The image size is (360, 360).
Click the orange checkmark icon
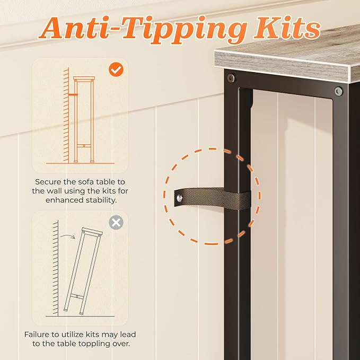pos(116,69)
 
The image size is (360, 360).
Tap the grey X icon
pos(116,223)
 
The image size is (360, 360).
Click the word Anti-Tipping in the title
pos(143,30)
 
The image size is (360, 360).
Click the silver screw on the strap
pos(179,198)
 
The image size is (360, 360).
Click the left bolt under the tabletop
pos(231,78)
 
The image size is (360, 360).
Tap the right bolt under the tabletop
pos(338,91)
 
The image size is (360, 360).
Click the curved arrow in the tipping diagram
pos(68,236)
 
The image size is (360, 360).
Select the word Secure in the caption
pos(48,182)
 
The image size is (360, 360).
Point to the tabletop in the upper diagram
pos(84,78)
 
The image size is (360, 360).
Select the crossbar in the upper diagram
pos(84,146)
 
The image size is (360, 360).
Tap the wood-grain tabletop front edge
pos(283,67)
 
